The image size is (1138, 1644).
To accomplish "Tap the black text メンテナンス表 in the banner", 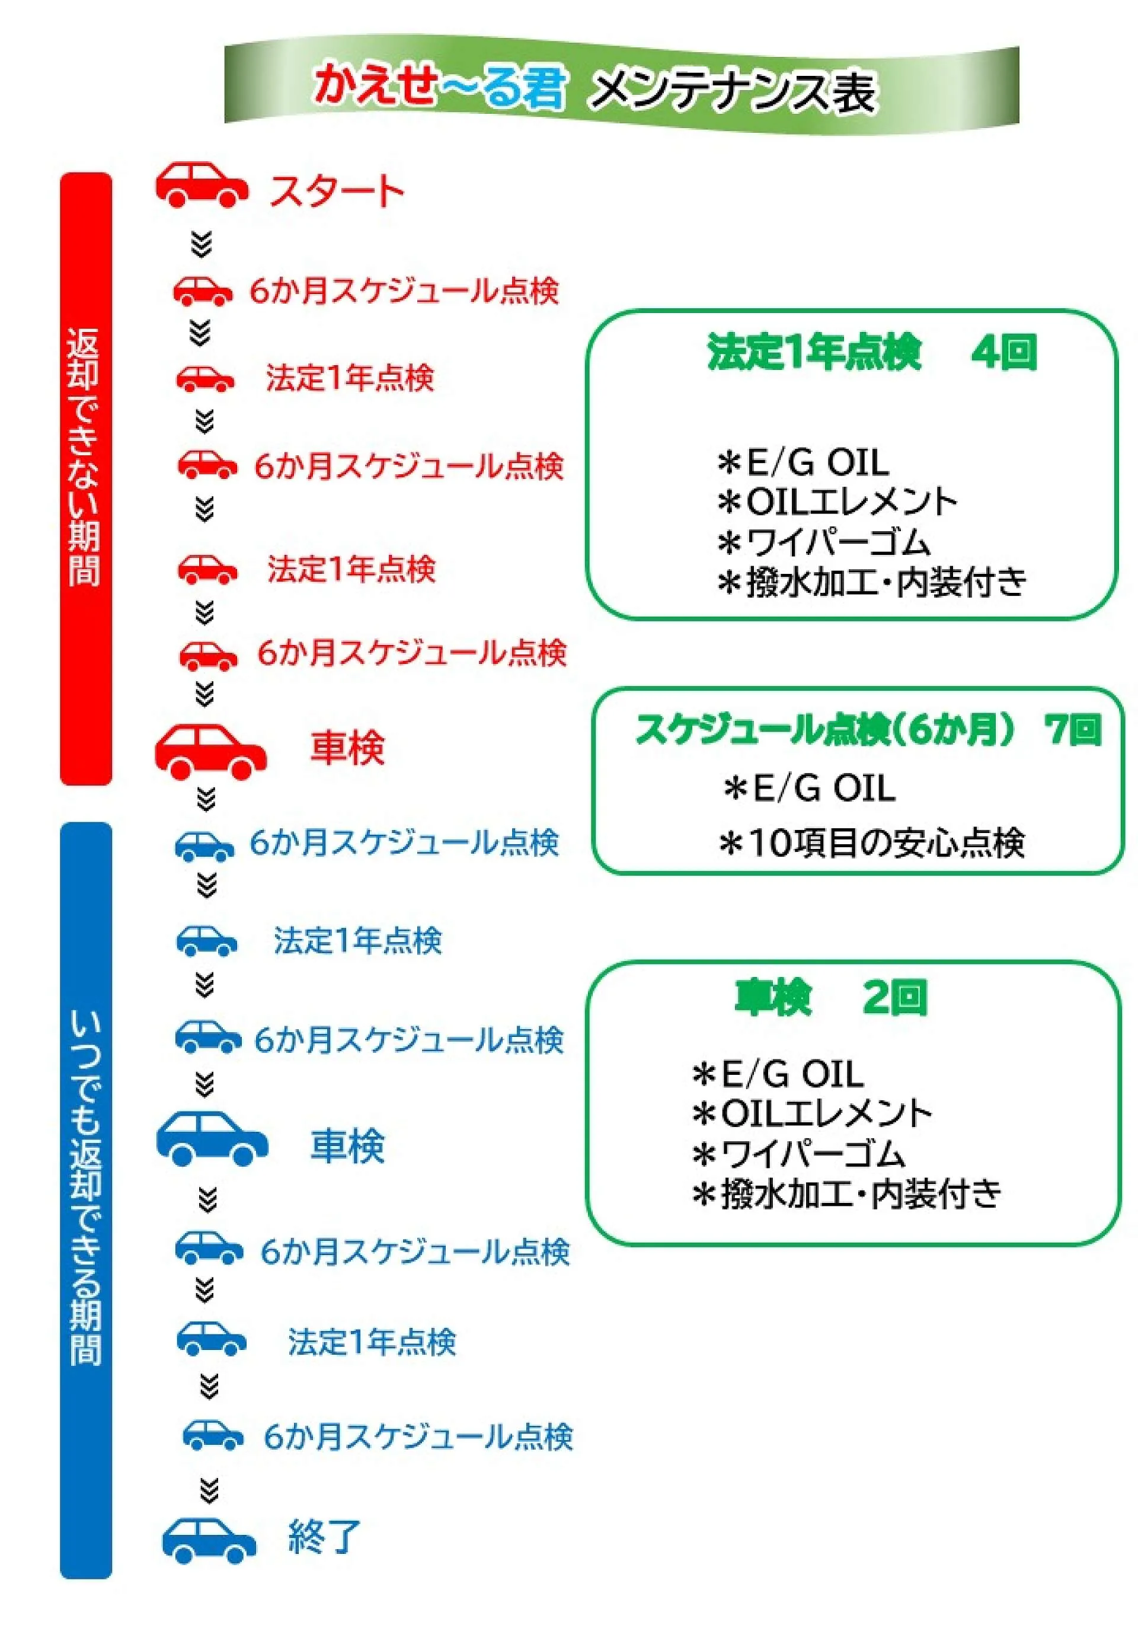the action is (734, 91).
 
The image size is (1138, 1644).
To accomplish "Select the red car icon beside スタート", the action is (202, 184).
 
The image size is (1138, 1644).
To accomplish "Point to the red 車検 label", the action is (347, 748).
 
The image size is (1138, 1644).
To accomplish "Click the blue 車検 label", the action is (347, 1146).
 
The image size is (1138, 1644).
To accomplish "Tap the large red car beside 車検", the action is (210, 752).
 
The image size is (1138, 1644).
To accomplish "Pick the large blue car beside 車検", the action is (212, 1138).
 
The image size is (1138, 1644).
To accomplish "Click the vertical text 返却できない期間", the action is (85, 457).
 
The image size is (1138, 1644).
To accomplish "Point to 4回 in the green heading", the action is (1004, 352).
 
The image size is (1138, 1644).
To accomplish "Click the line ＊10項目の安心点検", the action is (871, 843).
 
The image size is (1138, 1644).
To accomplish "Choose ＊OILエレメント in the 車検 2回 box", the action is (812, 1113).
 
